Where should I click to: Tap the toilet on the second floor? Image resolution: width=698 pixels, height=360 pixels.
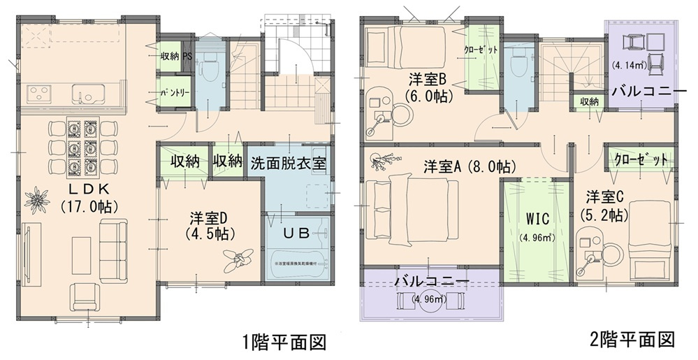pos(518,64)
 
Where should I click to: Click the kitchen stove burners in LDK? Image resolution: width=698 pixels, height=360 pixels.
pos(40,92)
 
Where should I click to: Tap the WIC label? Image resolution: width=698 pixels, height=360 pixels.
pos(535,217)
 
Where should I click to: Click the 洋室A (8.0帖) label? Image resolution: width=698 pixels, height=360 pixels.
pos(470,166)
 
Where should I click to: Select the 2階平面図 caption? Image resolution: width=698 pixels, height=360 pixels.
pos(632,340)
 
